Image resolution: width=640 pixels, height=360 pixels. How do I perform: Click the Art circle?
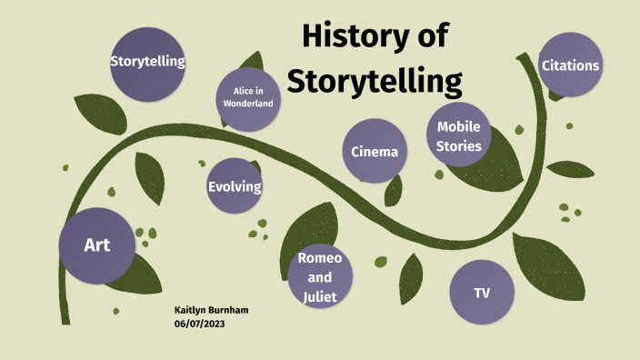97,245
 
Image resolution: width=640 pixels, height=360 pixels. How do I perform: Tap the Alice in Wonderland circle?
247,97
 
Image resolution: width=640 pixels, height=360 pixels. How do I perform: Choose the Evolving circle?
235,186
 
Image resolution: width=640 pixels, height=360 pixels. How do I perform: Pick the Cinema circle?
375,151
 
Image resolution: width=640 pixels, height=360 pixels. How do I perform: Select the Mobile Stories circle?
459,136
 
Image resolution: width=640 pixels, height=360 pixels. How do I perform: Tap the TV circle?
482,293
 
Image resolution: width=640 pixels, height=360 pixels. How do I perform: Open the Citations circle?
570,65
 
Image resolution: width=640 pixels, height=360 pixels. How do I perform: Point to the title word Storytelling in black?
375,80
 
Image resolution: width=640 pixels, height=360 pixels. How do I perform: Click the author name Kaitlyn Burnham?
211,311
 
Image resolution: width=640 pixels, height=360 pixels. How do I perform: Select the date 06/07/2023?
199,324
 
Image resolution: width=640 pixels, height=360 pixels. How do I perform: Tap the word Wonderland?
247,104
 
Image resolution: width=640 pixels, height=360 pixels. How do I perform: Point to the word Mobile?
459,126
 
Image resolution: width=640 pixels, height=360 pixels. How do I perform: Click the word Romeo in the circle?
319,259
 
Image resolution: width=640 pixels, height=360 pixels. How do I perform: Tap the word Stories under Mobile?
459,145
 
